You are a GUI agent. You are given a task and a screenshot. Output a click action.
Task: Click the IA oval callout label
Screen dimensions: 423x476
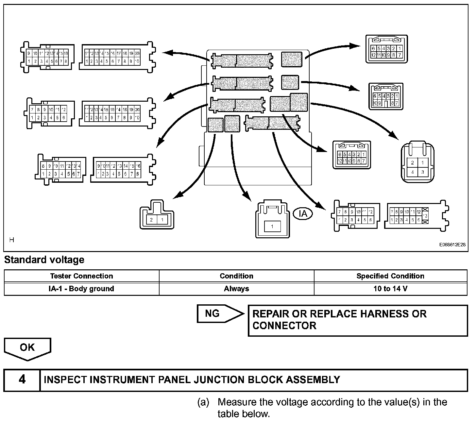pyautogui.click(x=303, y=213)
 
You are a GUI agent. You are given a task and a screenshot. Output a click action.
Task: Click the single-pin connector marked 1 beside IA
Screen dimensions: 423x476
pyautogui.click(x=272, y=219)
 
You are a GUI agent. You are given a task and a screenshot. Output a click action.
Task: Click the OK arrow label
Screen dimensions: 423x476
pyautogui.click(x=27, y=348)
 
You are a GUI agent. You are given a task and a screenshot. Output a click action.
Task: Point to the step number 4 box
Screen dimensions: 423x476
pyautogui.click(x=22, y=380)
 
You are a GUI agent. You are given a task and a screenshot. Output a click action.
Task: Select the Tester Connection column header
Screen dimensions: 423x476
pyautogui.click(x=81, y=276)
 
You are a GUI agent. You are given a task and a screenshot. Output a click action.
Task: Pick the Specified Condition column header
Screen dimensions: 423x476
pyautogui.click(x=390, y=276)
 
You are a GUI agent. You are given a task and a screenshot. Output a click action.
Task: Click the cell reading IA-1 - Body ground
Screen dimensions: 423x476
pyautogui.click(x=81, y=289)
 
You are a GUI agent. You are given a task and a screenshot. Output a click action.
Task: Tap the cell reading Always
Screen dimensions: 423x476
pyautogui.click(x=236, y=289)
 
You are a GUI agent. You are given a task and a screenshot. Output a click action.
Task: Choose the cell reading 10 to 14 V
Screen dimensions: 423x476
pyautogui.click(x=390, y=289)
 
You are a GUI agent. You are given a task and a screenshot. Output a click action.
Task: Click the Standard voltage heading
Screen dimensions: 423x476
pyautogui.click(x=44, y=260)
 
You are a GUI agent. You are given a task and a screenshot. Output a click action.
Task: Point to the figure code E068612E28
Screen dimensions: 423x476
pyautogui.click(x=452, y=245)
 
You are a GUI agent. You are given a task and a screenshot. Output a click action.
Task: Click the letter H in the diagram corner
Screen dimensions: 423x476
pyautogui.click(x=12, y=240)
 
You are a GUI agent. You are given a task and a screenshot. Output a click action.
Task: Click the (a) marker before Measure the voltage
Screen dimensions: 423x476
pyautogui.click(x=203, y=402)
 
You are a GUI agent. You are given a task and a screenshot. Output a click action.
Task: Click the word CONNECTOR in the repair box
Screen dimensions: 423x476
pyautogui.click(x=284, y=326)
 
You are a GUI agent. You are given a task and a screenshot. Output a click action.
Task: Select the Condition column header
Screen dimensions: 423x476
pyautogui.click(x=236, y=276)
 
